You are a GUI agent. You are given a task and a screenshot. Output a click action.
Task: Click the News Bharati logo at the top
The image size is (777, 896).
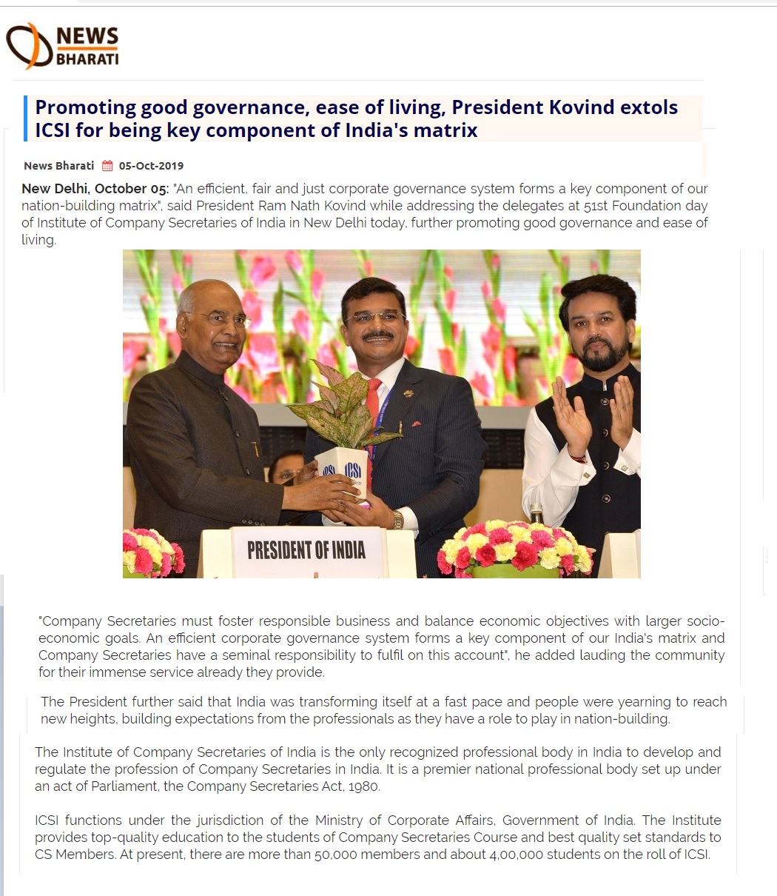tap(62, 46)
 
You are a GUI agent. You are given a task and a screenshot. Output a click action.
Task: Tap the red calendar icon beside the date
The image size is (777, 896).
tap(107, 166)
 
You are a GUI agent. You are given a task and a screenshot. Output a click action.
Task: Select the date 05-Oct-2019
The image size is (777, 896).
tap(151, 166)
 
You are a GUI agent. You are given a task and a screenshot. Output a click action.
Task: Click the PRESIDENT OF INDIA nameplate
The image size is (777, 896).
tap(306, 550)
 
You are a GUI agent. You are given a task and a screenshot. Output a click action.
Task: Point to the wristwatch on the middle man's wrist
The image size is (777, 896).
tap(399, 519)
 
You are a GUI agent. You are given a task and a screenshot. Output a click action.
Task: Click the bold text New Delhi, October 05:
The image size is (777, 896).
tap(95, 189)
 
